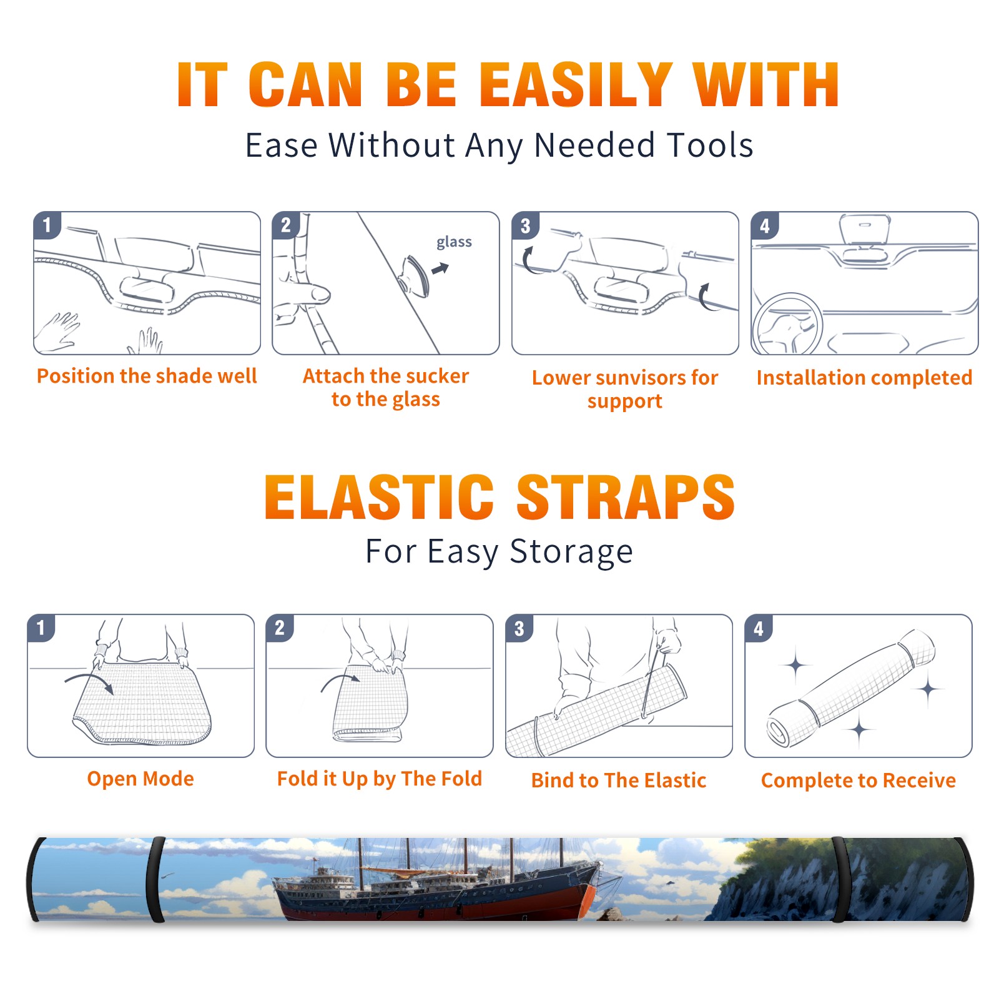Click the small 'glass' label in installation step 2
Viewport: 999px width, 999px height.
click(454, 242)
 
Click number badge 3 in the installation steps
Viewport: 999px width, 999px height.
click(525, 225)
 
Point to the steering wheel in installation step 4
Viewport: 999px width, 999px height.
click(787, 323)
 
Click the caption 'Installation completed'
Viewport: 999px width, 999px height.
click(864, 378)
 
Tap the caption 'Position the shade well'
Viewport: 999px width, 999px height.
click(147, 376)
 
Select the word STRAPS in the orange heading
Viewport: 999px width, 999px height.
click(626, 497)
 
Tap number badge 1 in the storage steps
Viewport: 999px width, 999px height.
click(41, 627)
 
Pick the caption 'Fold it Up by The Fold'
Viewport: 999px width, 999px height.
click(380, 779)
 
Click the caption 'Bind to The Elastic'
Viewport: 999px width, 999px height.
click(619, 780)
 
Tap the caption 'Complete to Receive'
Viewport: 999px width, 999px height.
click(859, 780)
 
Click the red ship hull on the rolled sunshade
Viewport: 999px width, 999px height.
click(437, 904)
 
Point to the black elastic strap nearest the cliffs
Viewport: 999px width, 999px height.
click(839, 880)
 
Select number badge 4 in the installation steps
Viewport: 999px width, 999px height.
click(765, 225)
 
